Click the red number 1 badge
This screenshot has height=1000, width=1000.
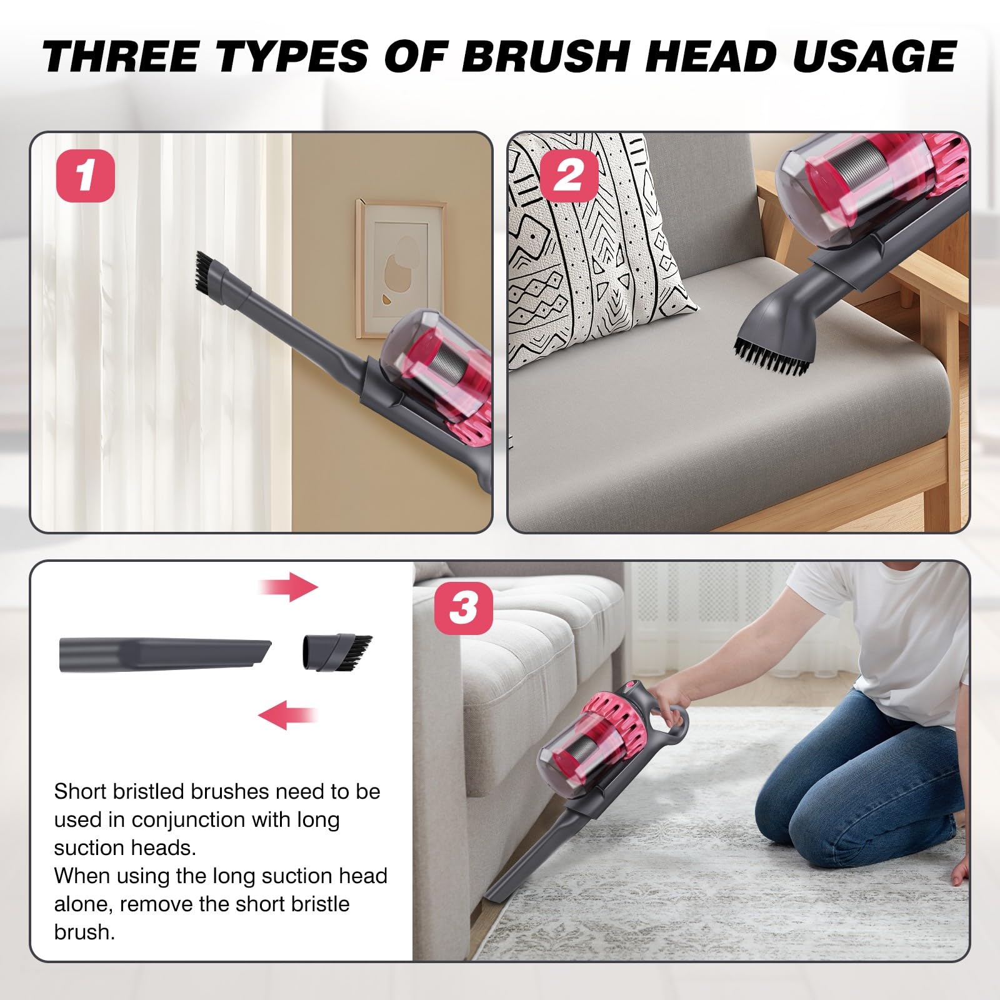tap(86, 176)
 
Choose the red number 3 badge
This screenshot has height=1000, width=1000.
tap(463, 607)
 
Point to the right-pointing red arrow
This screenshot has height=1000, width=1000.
tap(289, 587)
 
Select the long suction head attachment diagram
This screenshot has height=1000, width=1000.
tap(166, 655)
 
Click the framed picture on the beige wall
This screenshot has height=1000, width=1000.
tap(401, 268)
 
